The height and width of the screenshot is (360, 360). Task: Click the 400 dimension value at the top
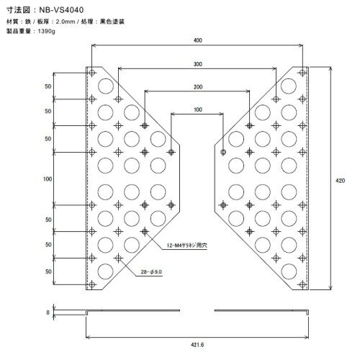click(198, 40)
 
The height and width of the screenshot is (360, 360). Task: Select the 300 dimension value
click(198, 64)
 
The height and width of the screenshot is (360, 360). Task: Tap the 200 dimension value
click(198, 87)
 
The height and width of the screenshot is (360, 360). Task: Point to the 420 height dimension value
click(340, 181)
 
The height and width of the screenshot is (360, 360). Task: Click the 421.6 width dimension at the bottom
click(197, 345)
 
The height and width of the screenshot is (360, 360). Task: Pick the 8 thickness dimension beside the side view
click(48, 312)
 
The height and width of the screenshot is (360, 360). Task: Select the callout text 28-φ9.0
click(151, 272)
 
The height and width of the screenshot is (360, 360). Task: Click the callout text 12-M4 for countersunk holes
click(187, 246)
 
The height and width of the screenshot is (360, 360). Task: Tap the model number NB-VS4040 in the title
click(61, 10)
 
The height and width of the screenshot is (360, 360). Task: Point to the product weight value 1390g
click(46, 31)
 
